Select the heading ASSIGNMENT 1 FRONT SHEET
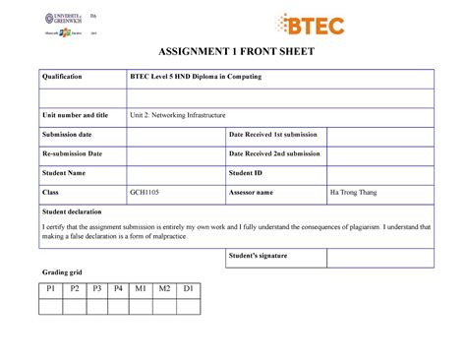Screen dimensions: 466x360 [233, 53]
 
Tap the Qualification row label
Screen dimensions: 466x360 [61, 77]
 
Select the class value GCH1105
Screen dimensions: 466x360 [146, 192]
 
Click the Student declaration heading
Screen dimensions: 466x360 [73, 211]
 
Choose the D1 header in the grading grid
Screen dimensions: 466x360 [188, 288]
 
